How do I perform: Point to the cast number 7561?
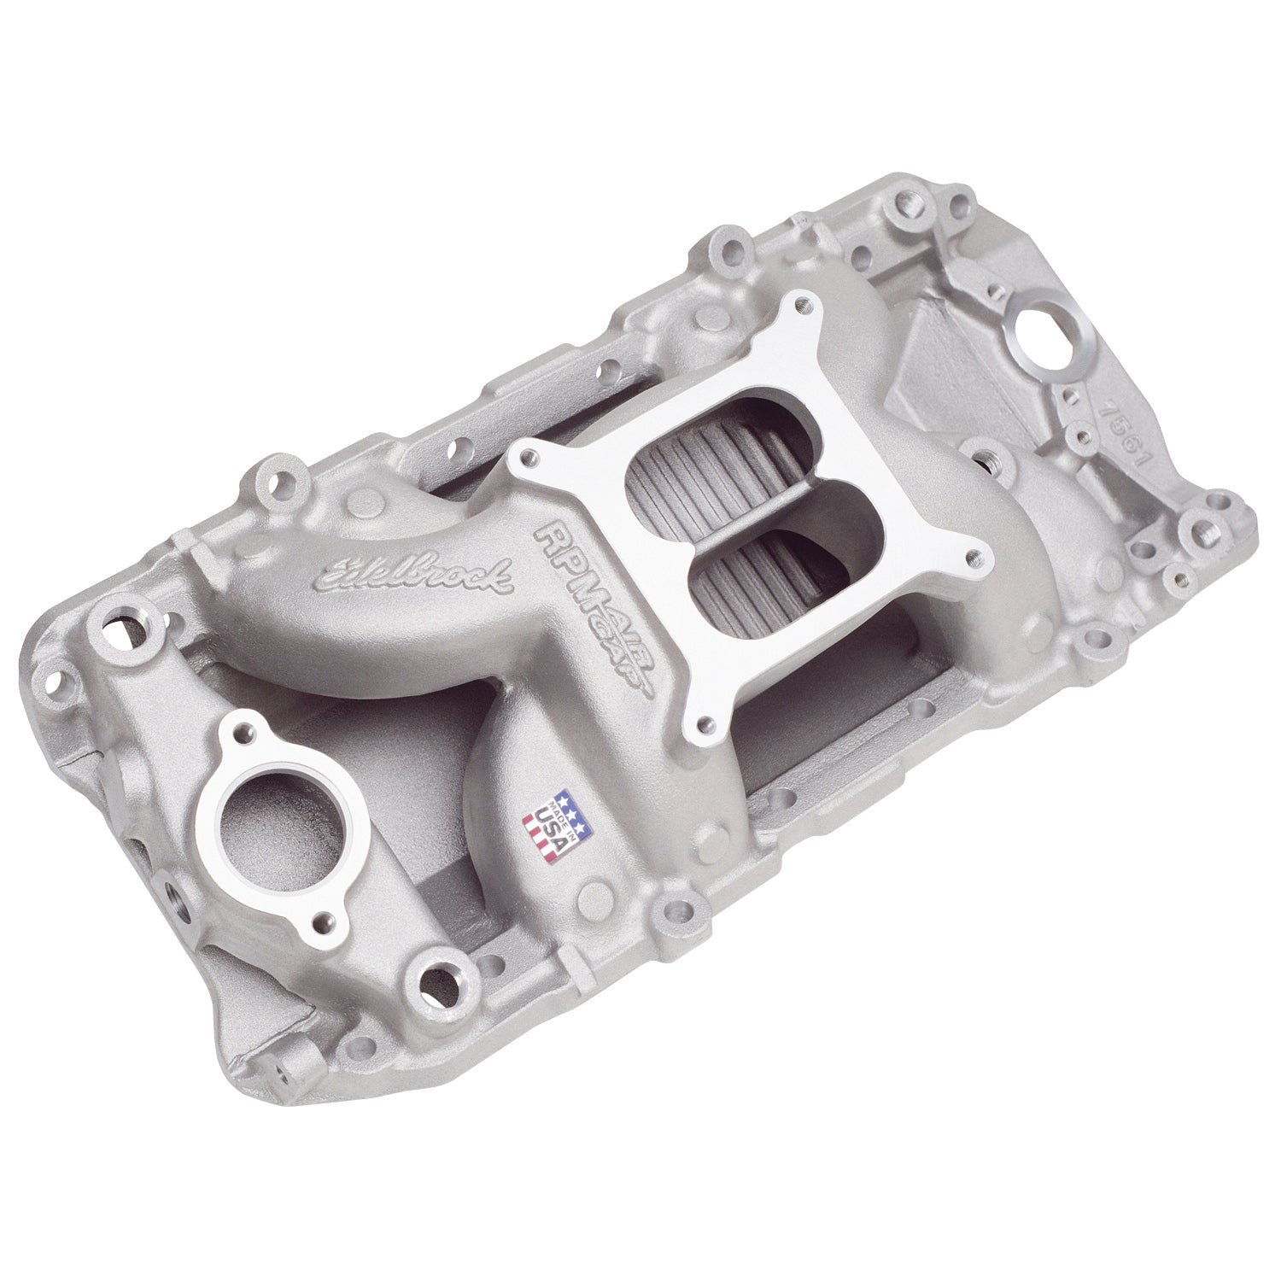(x=1126, y=444)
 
